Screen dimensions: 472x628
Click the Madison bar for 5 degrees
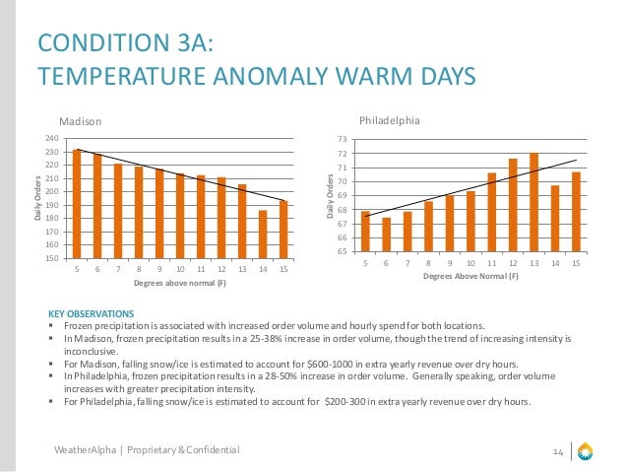click(78, 203)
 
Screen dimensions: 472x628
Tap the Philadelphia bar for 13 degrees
click(534, 202)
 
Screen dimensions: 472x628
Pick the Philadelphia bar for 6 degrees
click(387, 235)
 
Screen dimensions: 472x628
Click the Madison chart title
click(81, 121)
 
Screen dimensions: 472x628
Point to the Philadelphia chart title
click(389, 120)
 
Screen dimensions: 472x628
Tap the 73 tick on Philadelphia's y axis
click(343, 140)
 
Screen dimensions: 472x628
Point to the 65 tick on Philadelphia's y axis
click(343, 251)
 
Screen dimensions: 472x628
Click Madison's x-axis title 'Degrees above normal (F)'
click(180, 284)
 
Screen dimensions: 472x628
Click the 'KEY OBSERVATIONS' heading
click(84, 313)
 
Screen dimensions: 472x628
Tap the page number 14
click(557, 451)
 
